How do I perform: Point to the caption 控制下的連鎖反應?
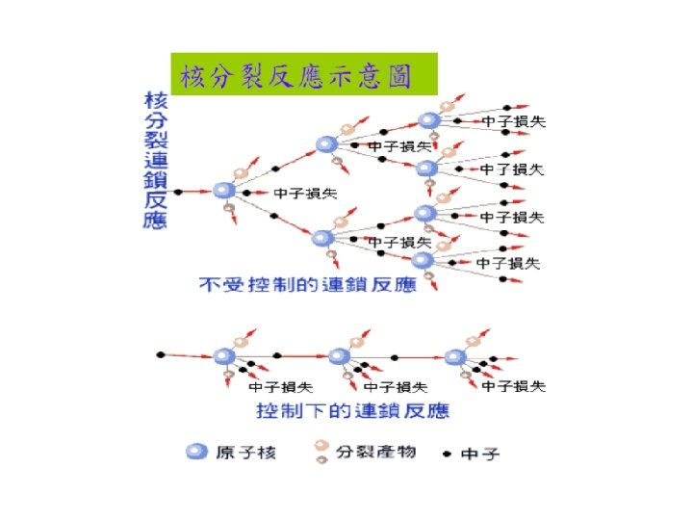352,411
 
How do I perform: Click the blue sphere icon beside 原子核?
196,452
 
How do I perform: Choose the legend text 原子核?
245,452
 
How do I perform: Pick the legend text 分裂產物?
374,451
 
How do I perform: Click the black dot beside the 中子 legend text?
446,452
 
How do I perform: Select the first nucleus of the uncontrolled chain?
224,192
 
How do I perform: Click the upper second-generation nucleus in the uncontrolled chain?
326,145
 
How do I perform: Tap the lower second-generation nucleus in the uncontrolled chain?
322,238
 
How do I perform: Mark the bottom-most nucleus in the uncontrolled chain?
423,260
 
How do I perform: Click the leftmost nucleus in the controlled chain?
223,356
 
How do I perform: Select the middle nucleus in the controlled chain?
337,356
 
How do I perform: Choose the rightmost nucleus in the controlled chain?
454,356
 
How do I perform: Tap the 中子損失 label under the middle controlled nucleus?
396,388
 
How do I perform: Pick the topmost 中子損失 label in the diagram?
513,121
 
